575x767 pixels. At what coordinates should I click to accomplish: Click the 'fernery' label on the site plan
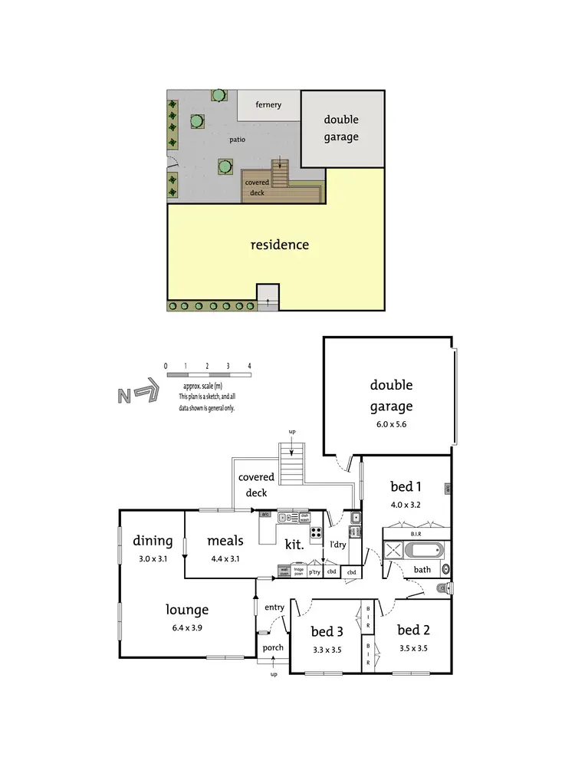[x=268, y=104]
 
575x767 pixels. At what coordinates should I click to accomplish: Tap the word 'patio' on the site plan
[x=238, y=140]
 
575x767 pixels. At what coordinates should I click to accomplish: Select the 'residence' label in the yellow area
[x=280, y=245]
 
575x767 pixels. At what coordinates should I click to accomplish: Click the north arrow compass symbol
[x=138, y=395]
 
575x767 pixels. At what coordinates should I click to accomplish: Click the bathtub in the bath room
[x=422, y=550]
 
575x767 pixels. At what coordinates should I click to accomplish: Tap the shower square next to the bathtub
[x=393, y=550]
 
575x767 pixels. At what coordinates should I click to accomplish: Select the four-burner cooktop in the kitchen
[x=315, y=532]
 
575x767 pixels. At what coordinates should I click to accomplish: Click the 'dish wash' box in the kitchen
[x=304, y=518]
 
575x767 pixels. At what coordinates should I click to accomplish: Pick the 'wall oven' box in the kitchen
[x=283, y=571]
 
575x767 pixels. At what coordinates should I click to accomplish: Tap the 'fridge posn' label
[x=298, y=571]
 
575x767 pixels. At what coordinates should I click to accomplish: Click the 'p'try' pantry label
[x=314, y=571]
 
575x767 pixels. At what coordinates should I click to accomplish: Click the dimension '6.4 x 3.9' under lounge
[x=188, y=627]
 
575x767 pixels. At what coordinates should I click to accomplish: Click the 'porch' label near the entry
[x=273, y=647]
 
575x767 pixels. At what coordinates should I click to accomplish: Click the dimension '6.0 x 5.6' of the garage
[x=391, y=423]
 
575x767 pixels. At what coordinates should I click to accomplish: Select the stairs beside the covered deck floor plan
[x=292, y=464]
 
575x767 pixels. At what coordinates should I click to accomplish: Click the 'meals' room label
[x=225, y=541]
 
